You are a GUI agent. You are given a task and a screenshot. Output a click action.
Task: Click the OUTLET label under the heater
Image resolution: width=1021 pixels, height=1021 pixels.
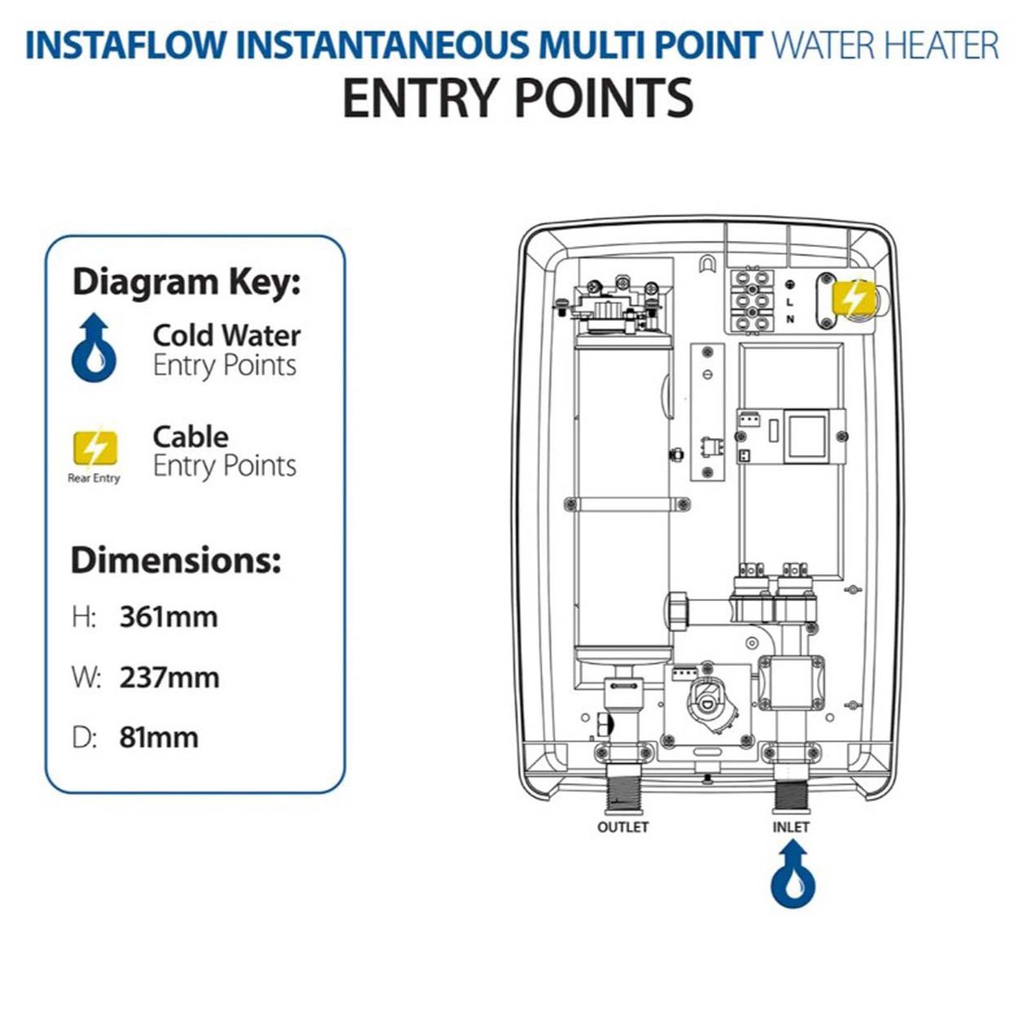[622, 827]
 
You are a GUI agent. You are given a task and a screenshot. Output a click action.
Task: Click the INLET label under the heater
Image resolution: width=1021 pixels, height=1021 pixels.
[791, 827]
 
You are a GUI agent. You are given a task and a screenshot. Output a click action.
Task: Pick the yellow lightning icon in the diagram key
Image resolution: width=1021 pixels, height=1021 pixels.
[95, 448]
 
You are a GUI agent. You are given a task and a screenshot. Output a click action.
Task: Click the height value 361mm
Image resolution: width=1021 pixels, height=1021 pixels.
[168, 617]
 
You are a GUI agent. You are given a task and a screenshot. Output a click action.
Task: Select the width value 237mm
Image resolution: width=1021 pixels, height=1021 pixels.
[169, 677]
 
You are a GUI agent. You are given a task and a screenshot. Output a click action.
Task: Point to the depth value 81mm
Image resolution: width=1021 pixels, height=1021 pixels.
[158, 737]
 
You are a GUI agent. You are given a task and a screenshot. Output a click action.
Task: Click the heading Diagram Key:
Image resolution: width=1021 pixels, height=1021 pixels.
[186, 282]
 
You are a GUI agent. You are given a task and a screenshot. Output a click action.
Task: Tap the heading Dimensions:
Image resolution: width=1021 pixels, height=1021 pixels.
[176, 560]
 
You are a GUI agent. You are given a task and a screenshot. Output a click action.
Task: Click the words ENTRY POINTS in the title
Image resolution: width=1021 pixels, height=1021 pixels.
[517, 98]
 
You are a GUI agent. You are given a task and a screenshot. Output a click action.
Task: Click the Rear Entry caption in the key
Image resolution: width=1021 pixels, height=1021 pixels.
[94, 478]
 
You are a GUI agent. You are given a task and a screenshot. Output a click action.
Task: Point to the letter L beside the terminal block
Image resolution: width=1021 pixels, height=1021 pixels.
[790, 301]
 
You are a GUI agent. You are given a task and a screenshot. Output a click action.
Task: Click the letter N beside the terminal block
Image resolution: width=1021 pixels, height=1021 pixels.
[790, 319]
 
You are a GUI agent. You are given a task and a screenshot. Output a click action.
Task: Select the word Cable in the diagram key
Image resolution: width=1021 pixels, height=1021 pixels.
[190, 436]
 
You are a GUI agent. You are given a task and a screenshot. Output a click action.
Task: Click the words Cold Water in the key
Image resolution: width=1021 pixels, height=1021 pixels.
[226, 335]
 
